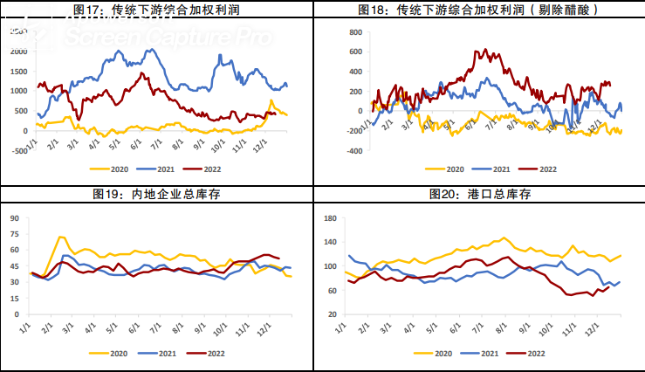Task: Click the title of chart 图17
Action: [x=159, y=10]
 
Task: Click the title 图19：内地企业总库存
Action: [x=159, y=194]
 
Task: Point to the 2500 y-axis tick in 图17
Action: [x=17, y=31]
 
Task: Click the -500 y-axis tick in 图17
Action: [x=17, y=151]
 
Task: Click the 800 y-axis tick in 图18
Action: [x=354, y=31]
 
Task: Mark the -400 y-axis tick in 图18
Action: [x=353, y=151]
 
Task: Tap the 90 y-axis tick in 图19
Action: [x=14, y=215]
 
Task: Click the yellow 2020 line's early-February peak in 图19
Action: [x=60, y=237]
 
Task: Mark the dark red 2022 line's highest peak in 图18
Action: [x=477, y=51]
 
